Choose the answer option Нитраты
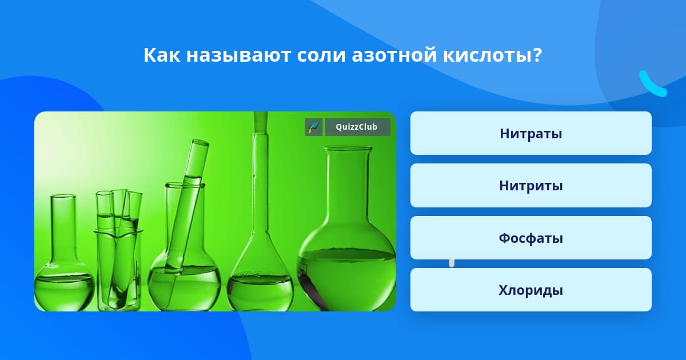[x=531, y=133]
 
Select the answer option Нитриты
[x=531, y=186]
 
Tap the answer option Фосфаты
[x=531, y=238]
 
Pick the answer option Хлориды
[x=531, y=290]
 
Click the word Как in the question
[x=162, y=55]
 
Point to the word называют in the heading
[x=238, y=56]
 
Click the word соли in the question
[x=321, y=56]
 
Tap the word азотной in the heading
[x=394, y=55]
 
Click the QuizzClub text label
[x=357, y=127]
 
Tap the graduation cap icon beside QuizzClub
[x=314, y=127]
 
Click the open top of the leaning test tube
[x=200, y=142]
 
